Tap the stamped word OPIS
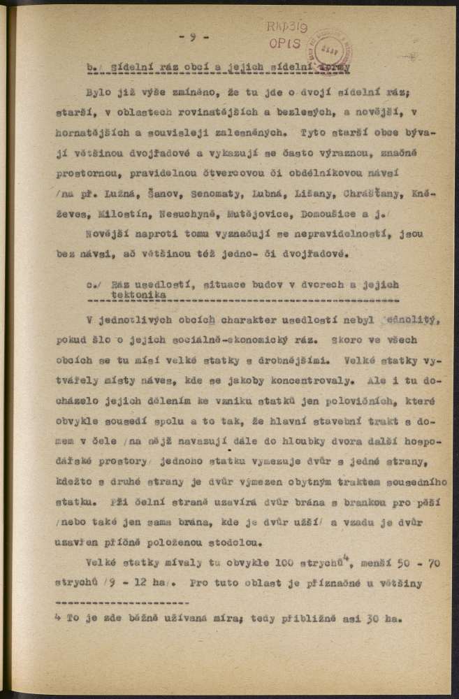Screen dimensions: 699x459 pyautogui.click(x=289, y=43)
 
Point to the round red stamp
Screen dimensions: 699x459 pyautogui.click(x=333, y=50)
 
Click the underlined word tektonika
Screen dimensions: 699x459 pyautogui.click(x=128, y=296)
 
